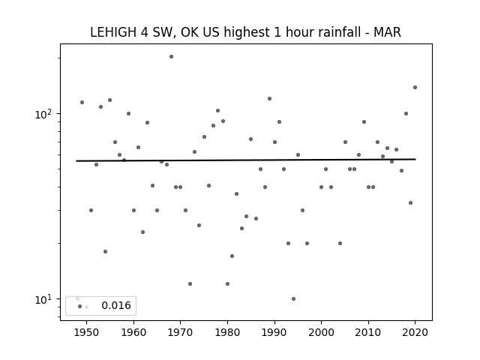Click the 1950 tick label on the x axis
[87, 332]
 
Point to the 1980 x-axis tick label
[227, 332]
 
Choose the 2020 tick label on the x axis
[415, 332]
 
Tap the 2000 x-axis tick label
[321, 332]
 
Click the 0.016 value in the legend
[116, 305]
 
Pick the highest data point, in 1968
[172, 57]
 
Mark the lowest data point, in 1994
[293, 298]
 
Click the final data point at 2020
[415, 87]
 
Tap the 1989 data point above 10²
[270, 98]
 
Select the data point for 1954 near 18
[105, 252]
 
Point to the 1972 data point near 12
[190, 283]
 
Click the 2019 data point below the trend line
[410, 203]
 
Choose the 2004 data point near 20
[340, 243]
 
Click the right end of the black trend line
[415, 159]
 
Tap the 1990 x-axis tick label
[274, 332]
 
